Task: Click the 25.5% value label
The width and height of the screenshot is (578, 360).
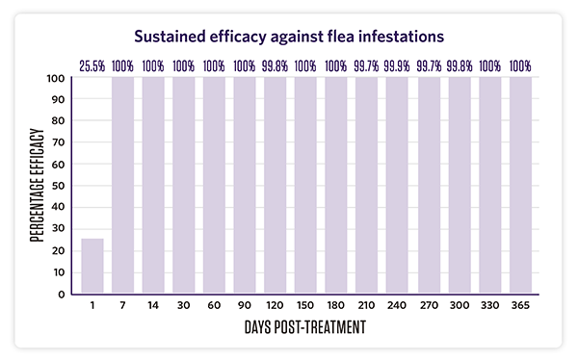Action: pyautogui.click(x=92, y=66)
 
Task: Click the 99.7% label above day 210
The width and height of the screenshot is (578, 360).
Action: pyautogui.click(x=367, y=66)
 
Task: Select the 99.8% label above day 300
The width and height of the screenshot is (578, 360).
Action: pyautogui.click(x=459, y=66)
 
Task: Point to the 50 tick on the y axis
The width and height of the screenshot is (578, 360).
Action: pyautogui.click(x=60, y=186)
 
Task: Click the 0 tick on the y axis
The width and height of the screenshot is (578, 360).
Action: pyautogui.click(x=64, y=294)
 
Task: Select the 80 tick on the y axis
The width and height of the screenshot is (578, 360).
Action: pyautogui.click(x=60, y=121)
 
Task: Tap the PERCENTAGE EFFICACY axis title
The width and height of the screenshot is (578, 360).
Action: pyautogui.click(x=36, y=186)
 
